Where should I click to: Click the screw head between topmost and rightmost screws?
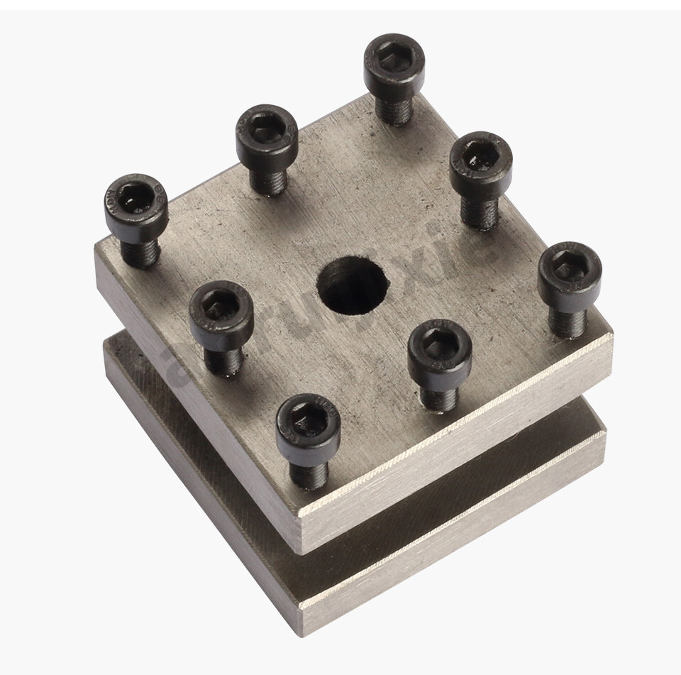(x=481, y=160)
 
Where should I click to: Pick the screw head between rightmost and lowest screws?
(x=440, y=347)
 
